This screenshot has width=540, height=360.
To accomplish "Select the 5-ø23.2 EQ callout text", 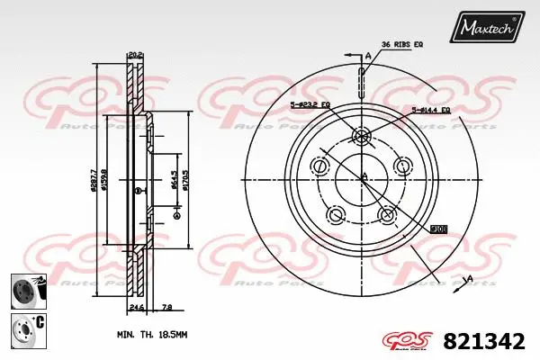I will (x=310, y=106).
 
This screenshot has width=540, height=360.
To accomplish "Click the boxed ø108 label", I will (x=439, y=229).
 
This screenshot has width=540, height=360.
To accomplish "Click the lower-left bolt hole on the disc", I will (x=336, y=214).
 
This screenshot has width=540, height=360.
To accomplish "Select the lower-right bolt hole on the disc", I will (x=389, y=214).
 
